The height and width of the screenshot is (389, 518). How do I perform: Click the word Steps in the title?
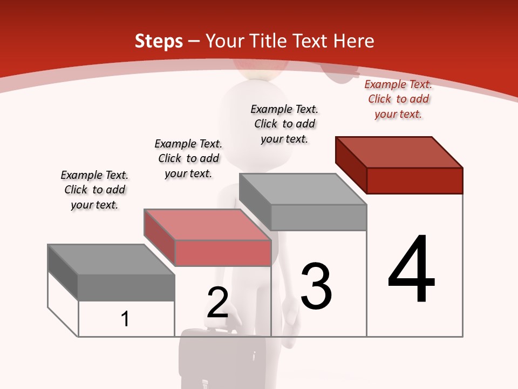[x=159, y=41]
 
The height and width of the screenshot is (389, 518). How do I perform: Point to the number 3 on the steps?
[x=316, y=286]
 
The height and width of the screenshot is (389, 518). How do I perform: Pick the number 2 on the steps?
[x=217, y=303]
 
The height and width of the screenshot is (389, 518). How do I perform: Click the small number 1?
[x=125, y=319]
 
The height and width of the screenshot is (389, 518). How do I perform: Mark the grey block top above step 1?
[x=111, y=260]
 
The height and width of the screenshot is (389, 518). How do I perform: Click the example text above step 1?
[x=94, y=190]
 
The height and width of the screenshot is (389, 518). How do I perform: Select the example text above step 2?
[x=188, y=158]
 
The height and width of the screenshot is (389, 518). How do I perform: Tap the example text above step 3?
[x=284, y=124]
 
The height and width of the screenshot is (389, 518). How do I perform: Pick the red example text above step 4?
[x=398, y=99]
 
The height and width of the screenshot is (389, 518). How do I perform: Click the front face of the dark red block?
[x=414, y=180]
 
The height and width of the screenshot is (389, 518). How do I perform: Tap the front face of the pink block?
[x=223, y=253]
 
